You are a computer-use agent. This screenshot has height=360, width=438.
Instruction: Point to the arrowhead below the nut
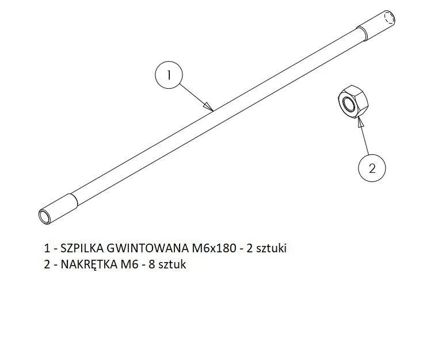tap(360, 123)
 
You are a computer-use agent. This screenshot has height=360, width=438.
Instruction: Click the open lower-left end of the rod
tap(44, 217)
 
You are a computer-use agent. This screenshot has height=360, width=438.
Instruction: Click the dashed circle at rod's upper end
tap(390, 18)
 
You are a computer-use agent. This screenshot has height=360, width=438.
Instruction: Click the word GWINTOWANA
tap(148, 248)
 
